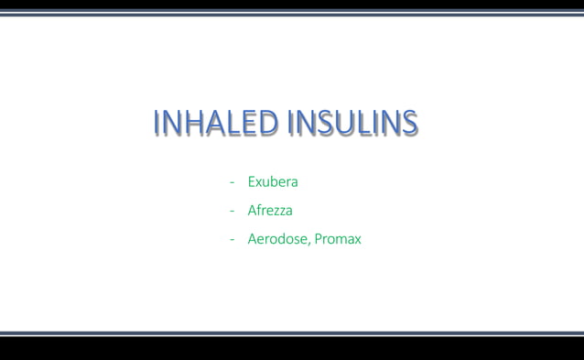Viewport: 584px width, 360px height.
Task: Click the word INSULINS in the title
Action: tap(353, 123)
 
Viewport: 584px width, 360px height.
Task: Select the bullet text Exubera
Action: tap(273, 181)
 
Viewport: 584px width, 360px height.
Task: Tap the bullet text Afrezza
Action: tap(270, 211)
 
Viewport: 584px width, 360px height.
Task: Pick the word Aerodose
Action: tap(278, 239)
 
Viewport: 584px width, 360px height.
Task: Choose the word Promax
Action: tap(338, 239)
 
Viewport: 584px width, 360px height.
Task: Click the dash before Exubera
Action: tap(233, 182)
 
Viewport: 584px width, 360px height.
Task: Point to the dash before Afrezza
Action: tap(233, 212)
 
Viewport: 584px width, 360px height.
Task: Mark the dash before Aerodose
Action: tap(233, 240)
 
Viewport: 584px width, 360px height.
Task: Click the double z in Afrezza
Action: tap(279, 212)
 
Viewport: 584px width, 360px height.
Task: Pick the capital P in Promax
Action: tap(319, 239)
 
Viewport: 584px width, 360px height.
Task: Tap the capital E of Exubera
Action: tap(252, 181)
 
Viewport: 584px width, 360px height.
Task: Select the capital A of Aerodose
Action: tap(253, 239)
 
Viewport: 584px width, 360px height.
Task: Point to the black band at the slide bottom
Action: tap(292, 348)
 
